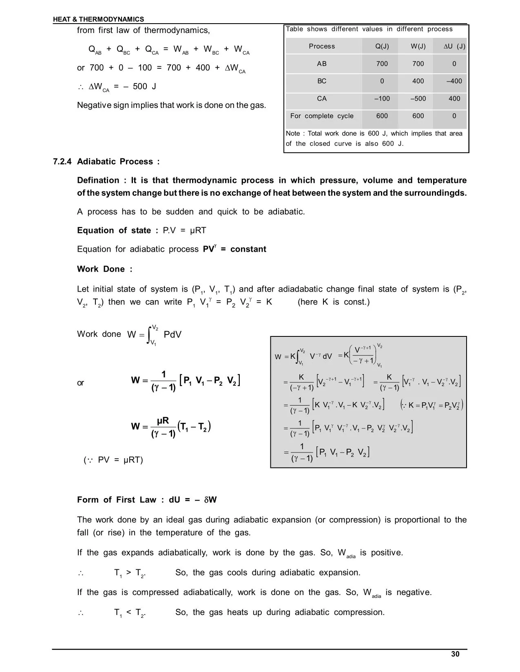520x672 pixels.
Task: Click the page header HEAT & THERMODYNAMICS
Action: tap(98, 19)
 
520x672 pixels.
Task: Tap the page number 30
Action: tap(455, 654)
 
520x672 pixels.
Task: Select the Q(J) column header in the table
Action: tap(382, 46)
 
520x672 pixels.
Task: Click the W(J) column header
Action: tap(418, 46)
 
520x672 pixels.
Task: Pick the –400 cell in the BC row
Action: tap(454, 81)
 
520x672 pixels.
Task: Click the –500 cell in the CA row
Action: tap(418, 99)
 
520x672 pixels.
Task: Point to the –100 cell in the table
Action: tap(382, 99)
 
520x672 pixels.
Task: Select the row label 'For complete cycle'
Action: tap(322, 116)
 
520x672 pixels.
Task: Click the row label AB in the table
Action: tap(322, 64)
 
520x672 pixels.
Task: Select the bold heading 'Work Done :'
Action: tap(105, 269)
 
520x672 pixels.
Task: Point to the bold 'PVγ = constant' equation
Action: tap(235, 249)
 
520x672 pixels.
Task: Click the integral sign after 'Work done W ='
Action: tap(149, 335)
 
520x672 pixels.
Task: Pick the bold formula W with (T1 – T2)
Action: tap(170, 427)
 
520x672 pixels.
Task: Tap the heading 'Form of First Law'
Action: tap(117, 500)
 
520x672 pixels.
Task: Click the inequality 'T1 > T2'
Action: tap(130, 573)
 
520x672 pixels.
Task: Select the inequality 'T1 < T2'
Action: tap(130, 613)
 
